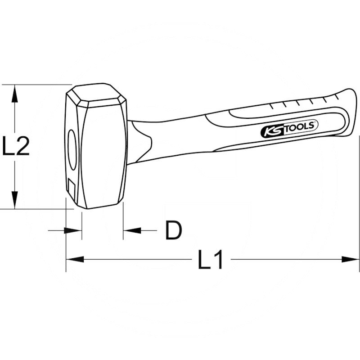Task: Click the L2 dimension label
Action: pos(16,146)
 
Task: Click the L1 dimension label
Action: pos(210,260)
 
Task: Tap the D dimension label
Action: pos(174,230)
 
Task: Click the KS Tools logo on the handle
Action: pos(289,129)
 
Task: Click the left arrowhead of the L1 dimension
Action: pos(75,260)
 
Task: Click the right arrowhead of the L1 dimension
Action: pos(351,260)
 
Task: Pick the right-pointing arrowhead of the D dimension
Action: pos(73,230)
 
